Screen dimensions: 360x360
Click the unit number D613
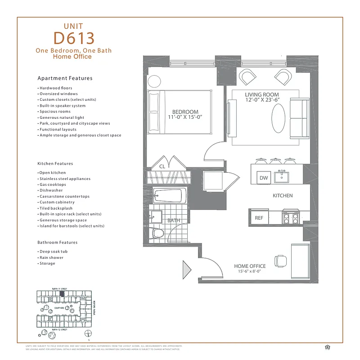pos(73,37)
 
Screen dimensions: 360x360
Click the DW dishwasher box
pos(264,178)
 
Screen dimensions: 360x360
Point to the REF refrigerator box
pos(259,218)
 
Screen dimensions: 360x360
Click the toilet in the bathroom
pos(157,232)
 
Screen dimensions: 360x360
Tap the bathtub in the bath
pos(167,196)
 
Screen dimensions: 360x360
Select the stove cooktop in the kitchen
pos(290,218)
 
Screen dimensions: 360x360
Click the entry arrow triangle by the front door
pos(186,270)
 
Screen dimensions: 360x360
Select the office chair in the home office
pos(280,260)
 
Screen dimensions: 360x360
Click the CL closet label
pos(162,166)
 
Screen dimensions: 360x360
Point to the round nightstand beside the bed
pos(154,81)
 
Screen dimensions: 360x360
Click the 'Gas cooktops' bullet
pos(53,184)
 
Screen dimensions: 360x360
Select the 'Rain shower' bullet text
pos(51,257)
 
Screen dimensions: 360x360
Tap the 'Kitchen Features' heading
pos(55,163)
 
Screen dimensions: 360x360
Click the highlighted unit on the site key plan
pos(63,293)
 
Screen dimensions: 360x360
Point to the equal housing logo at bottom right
pos(327,346)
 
